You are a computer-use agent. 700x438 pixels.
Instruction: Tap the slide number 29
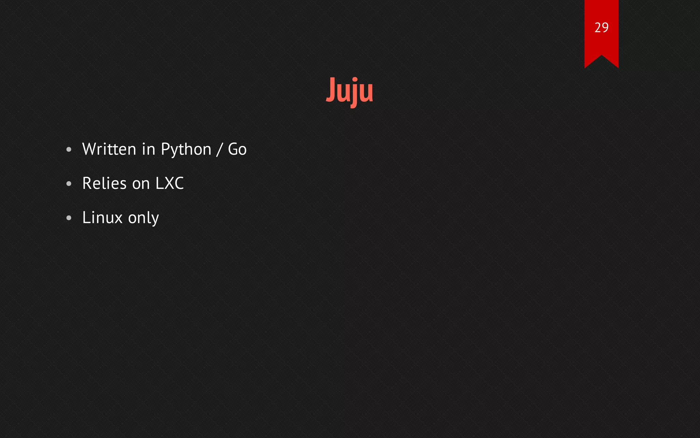[601, 28]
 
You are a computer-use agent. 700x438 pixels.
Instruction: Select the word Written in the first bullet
[109, 149]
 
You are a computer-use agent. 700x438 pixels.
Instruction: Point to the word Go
[237, 150]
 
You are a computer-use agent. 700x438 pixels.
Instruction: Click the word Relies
[104, 183]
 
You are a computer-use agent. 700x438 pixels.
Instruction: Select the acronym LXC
[170, 183]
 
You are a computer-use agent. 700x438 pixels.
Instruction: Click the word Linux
[102, 218]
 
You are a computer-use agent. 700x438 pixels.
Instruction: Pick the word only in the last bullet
[143, 218]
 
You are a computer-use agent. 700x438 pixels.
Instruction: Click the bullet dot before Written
[69, 150]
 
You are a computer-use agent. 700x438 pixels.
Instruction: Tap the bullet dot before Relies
[69, 184]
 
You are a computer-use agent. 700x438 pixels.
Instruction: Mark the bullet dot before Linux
[69, 218]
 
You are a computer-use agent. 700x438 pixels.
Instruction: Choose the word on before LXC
[141, 184]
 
